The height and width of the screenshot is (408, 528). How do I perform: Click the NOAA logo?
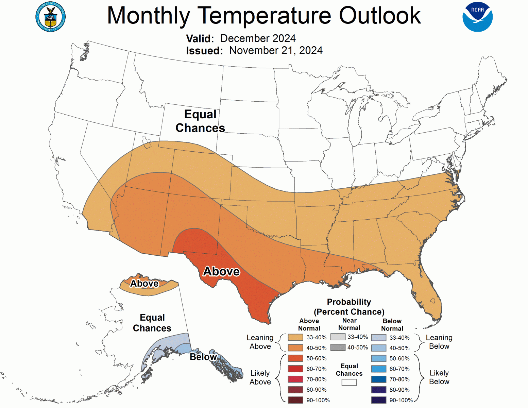[477, 17]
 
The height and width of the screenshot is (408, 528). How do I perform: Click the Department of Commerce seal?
[51, 17]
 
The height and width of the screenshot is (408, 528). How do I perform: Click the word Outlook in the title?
[380, 16]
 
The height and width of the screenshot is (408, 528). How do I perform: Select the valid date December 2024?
[258, 38]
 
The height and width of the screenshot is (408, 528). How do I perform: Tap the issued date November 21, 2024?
[276, 50]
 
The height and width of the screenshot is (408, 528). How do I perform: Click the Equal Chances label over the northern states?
[200, 121]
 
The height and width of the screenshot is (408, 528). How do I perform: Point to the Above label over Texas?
[221, 271]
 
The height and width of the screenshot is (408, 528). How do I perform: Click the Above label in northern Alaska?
[144, 284]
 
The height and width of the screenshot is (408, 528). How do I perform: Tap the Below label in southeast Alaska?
[203, 357]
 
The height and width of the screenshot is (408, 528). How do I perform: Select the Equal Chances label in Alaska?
[152, 323]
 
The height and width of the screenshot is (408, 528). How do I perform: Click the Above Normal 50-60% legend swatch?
[295, 358]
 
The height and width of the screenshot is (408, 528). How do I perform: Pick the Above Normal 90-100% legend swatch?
[295, 400]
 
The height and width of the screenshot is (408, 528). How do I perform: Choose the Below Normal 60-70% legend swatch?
[378, 369]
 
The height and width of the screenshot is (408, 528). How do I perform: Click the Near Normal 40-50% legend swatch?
[338, 347]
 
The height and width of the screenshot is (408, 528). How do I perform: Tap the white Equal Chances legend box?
[349, 382]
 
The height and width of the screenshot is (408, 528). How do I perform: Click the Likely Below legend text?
[439, 377]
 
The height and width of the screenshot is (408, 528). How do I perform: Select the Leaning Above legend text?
[260, 342]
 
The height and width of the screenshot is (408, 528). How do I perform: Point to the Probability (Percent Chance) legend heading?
[349, 307]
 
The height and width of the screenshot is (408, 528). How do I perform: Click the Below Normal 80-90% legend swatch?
[378, 390]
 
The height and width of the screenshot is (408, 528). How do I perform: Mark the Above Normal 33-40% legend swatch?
[295, 337]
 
